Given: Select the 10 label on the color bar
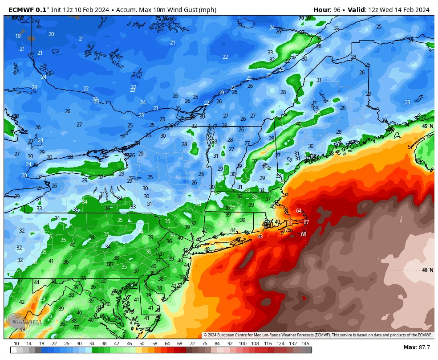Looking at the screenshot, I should coord(16,344).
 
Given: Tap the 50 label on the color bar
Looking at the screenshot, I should coord(142,344).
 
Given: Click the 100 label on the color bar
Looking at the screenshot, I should coord(242,344).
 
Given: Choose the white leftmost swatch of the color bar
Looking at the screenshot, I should coord(13,350).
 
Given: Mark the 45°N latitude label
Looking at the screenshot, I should coord(427,126).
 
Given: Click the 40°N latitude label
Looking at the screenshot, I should coord(427,270).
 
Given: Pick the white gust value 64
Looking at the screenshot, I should coord(299,211).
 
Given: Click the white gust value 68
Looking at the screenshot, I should coord(304,234).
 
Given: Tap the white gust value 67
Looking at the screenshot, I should coord(306,222).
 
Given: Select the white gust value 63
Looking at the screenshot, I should coord(260,236).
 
